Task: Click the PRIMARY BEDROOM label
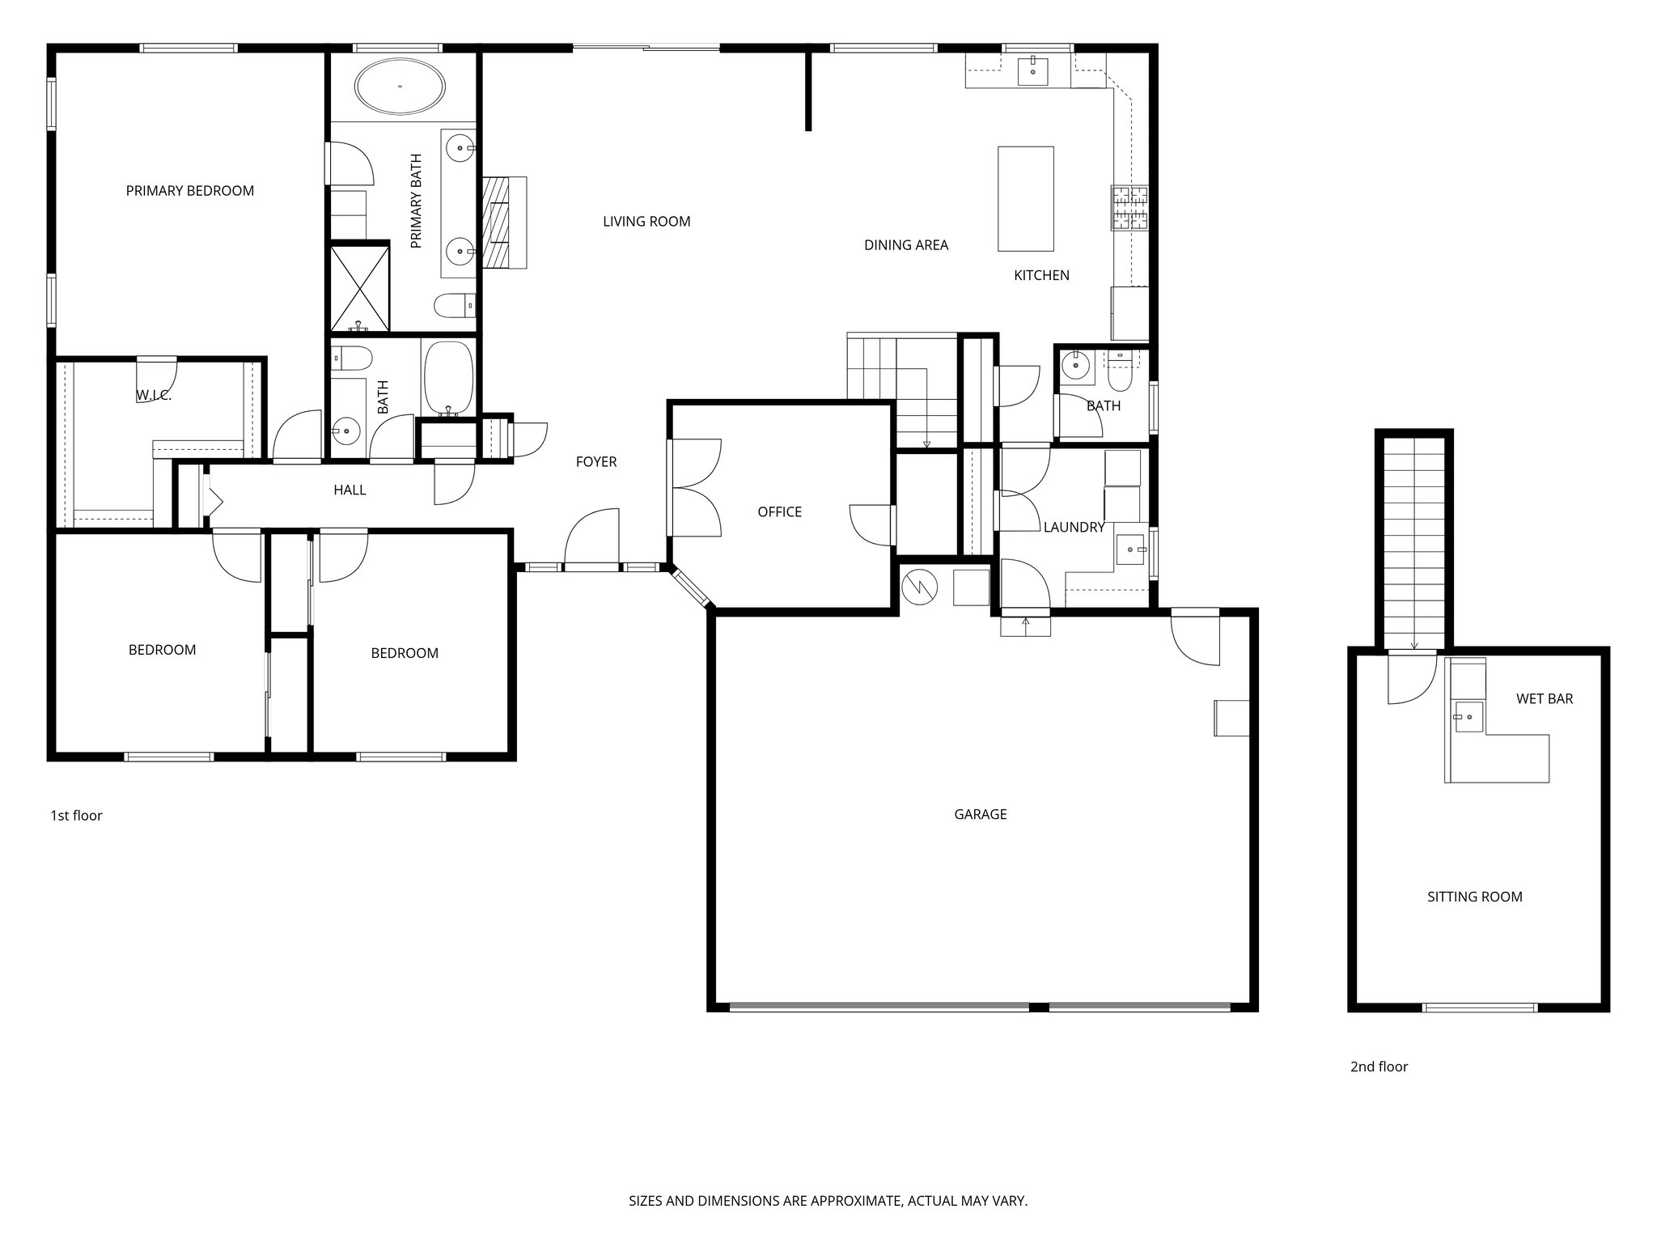[189, 191]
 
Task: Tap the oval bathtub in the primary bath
[400, 87]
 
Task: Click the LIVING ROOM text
[646, 222]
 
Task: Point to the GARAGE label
[980, 815]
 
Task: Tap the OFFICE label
[779, 512]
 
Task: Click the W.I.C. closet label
[153, 396]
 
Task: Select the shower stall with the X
[359, 288]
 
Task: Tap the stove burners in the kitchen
[1129, 208]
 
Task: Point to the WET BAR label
[1544, 699]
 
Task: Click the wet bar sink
[1468, 717]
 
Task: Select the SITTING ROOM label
[1474, 897]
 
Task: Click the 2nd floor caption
[1379, 1067]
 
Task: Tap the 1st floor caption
[76, 816]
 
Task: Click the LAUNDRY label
[1074, 528]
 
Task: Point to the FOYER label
[596, 462]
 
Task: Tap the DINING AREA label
[905, 245]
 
